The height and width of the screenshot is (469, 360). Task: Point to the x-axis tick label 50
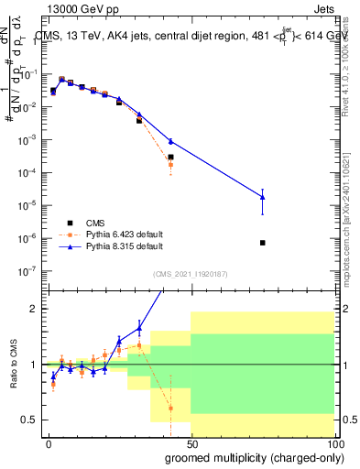pyautogui.click(x=191, y=443)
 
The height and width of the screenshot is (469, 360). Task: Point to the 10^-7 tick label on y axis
pyautogui.click(x=27, y=270)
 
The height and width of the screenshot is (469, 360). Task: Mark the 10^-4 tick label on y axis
pyautogui.click(x=27, y=172)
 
